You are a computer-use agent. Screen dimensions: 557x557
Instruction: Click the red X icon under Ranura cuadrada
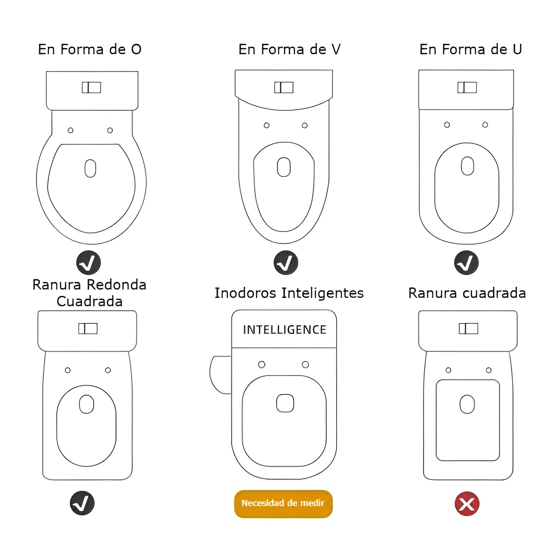click(x=467, y=503)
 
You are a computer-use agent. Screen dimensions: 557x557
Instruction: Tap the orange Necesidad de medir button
click(x=283, y=503)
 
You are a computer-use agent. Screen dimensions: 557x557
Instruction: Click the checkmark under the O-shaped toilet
click(x=88, y=263)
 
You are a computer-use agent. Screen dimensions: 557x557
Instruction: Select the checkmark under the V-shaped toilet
click(x=286, y=263)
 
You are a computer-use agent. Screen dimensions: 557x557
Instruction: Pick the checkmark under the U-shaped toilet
click(x=466, y=263)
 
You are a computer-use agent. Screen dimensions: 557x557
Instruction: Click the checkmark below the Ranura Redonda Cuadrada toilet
click(x=82, y=503)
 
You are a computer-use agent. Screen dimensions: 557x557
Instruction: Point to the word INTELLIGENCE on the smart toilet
click(x=284, y=330)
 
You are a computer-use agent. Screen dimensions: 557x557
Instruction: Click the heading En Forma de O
click(x=90, y=49)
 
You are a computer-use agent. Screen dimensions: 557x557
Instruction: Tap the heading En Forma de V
click(x=290, y=49)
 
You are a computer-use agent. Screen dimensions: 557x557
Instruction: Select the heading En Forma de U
click(x=471, y=49)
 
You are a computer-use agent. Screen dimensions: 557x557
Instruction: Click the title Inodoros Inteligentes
click(x=289, y=293)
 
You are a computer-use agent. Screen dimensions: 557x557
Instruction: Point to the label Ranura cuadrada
click(x=467, y=293)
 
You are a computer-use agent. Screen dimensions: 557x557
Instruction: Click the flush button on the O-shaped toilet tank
click(x=92, y=87)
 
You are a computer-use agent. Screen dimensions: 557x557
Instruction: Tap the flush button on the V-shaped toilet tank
click(x=284, y=87)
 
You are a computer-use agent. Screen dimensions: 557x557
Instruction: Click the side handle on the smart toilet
click(x=220, y=375)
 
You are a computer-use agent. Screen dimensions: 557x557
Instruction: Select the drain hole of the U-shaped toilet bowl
click(x=468, y=166)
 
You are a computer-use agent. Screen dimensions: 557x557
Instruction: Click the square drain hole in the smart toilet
click(x=285, y=403)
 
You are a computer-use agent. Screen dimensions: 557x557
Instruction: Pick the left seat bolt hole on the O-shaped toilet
click(x=71, y=130)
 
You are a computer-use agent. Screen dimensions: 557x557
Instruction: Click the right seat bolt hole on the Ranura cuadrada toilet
click(x=489, y=370)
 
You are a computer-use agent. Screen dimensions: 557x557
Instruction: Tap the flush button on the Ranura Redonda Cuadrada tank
click(x=88, y=329)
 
